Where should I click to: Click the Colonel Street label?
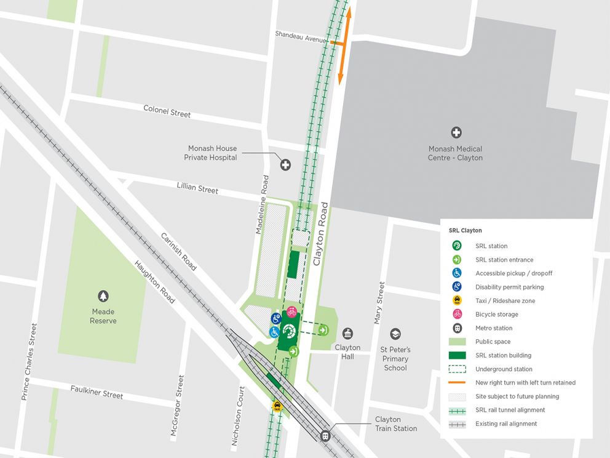coord(167,111)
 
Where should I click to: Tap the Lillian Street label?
coord(197,188)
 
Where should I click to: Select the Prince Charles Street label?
coord(30,362)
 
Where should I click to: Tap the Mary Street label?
coord(379,303)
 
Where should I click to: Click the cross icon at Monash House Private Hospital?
coord(285,164)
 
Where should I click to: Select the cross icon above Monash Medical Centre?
coord(456,132)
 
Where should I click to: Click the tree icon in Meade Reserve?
coord(103,296)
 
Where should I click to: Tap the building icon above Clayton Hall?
coord(347,333)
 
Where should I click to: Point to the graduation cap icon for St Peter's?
coord(395,334)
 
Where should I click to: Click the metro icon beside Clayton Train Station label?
coord(326,435)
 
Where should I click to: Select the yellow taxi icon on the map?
coord(277,406)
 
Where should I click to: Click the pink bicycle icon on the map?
coord(291,311)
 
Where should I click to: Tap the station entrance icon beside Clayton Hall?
coord(323,330)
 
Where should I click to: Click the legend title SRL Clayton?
coord(465,230)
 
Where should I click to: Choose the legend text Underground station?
coord(504,369)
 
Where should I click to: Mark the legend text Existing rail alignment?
coord(506,424)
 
